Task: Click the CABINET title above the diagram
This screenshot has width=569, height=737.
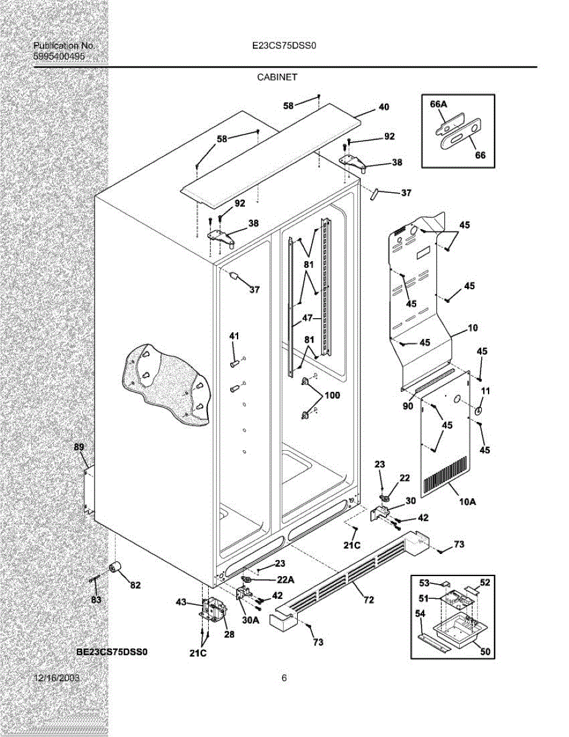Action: pyautogui.click(x=277, y=77)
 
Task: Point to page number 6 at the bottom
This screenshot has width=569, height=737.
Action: pyautogui.click(x=284, y=678)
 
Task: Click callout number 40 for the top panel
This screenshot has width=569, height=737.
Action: pyautogui.click(x=384, y=107)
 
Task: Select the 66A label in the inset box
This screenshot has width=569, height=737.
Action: pyautogui.click(x=438, y=104)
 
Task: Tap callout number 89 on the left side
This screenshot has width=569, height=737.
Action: pyautogui.click(x=79, y=447)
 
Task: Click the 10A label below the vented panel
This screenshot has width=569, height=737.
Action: pyautogui.click(x=467, y=502)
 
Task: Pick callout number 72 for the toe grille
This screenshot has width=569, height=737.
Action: pyautogui.click(x=368, y=600)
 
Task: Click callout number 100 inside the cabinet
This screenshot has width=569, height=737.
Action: pyautogui.click(x=331, y=396)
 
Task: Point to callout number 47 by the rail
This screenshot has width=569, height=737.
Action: pyautogui.click(x=307, y=319)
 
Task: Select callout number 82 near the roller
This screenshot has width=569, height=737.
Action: pyautogui.click(x=135, y=585)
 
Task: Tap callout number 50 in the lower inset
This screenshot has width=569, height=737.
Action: pyautogui.click(x=485, y=653)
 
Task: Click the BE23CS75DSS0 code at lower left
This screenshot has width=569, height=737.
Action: pyautogui.click(x=112, y=651)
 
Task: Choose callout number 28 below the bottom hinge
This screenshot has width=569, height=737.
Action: pyautogui.click(x=228, y=634)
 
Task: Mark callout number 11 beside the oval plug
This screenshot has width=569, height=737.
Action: pyautogui.click(x=485, y=391)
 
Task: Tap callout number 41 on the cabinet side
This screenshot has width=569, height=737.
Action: pyautogui.click(x=234, y=336)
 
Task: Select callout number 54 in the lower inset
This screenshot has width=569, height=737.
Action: pyautogui.click(x=420, y=614)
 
